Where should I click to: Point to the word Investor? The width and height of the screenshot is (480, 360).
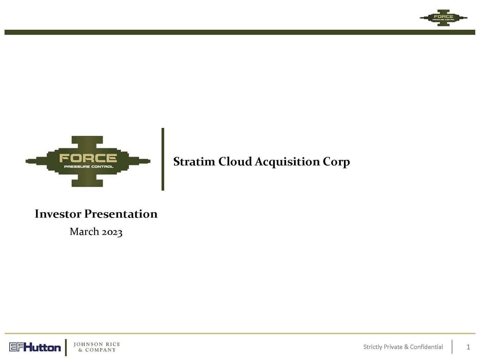(58, 214)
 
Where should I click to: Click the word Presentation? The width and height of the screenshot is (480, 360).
(121, 214)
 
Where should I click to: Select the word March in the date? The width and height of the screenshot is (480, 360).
(84, 231)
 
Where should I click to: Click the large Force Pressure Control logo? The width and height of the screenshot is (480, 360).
(88, 162)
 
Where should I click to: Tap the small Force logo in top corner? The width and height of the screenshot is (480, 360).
(443, 18)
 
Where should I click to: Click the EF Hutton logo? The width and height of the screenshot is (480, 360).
(35, 347)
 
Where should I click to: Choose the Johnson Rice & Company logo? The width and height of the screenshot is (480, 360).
(97, 347)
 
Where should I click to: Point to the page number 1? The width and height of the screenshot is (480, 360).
(468, 347)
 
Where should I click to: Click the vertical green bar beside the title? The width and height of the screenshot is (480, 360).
(163, 159)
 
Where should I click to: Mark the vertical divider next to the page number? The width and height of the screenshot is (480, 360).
(452, 347)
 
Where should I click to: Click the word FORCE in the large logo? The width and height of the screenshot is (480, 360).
(88, 158)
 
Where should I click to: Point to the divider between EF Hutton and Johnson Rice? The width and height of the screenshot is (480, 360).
(66, 347)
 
